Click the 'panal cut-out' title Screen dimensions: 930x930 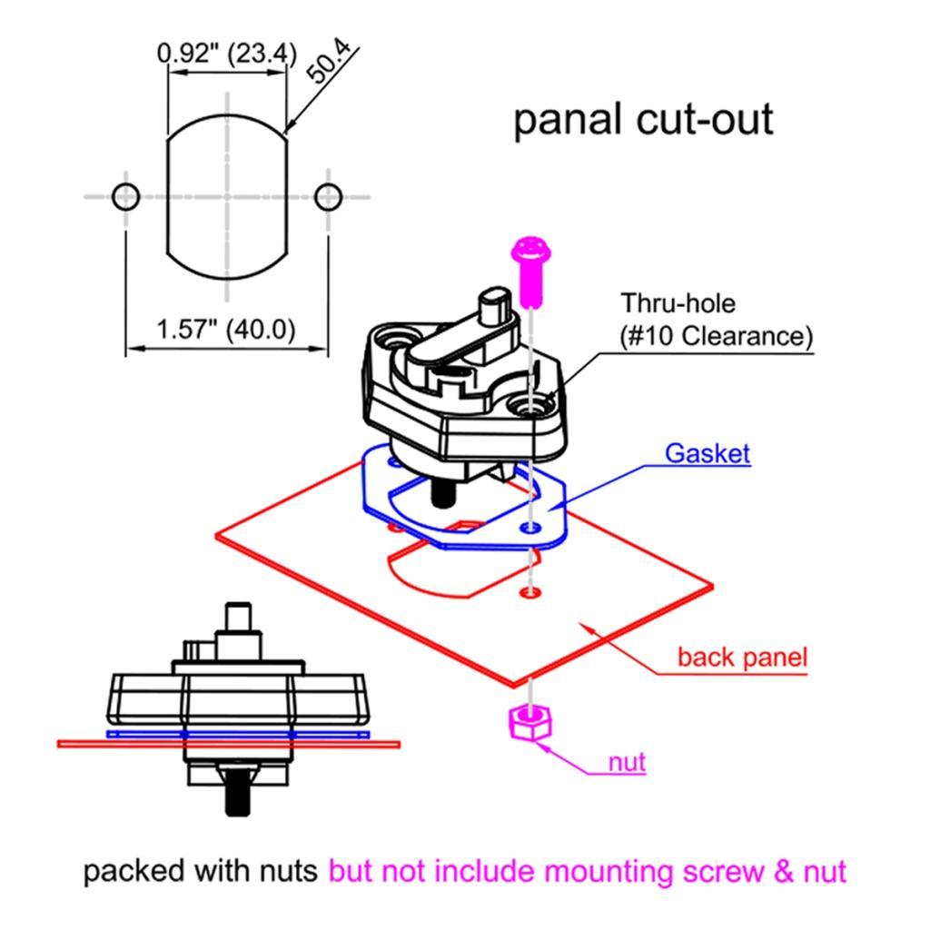click(x=643, y=120)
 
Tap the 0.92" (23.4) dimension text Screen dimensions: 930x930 click(x=226, y=54)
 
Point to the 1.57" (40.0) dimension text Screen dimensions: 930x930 click(x=226, y=329)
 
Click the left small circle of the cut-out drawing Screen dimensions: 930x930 click(x=125, y=195)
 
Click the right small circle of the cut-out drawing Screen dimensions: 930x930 click(x=328, y=195)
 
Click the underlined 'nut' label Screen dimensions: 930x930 click(x=627, y=761)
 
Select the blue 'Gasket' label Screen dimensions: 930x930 click(x=707, y=452)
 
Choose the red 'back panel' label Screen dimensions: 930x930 click(x=742, y=657)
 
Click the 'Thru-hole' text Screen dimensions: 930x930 click(x=678, y=302)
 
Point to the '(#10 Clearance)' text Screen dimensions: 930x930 click(x=716, y=336)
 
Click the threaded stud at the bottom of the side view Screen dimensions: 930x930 click(x=236, y=795)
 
